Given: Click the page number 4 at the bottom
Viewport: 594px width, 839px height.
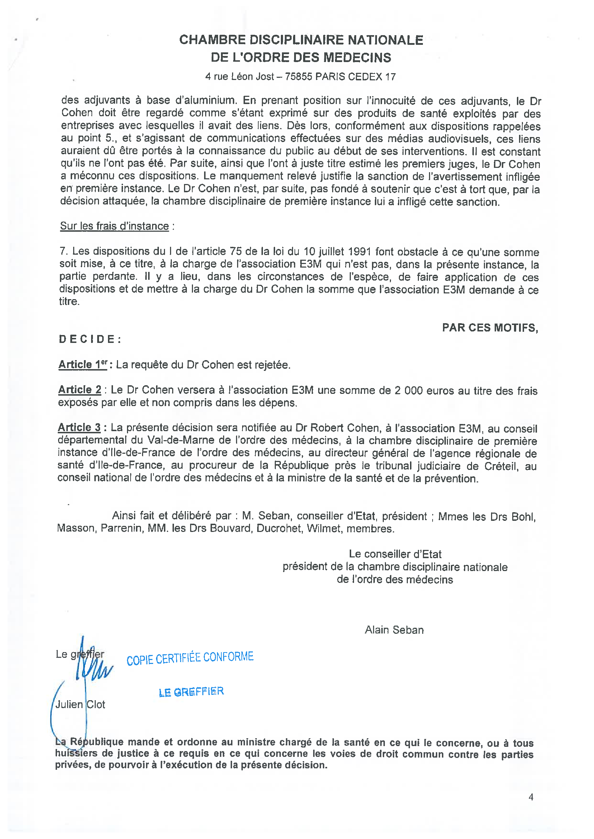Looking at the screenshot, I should (x=531, y=797).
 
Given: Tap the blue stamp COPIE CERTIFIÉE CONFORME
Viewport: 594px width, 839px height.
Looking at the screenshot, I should (x=190, y=658).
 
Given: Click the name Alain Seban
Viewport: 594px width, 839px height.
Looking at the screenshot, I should (x=394, y=630).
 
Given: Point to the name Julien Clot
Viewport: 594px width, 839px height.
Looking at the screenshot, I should (x=80, y=704).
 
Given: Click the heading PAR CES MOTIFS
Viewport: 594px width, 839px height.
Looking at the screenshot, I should (x=490, y=328).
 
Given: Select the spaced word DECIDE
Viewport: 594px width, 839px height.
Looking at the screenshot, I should (x=90, y=339).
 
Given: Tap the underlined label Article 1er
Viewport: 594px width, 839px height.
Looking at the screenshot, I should (x=82, y=365).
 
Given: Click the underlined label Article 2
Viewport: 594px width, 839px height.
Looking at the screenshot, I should (x=80, y=390).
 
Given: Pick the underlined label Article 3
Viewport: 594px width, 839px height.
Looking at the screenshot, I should (x=79, y=428).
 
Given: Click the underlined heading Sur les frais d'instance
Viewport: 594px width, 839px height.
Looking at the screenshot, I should (x=114, y=226).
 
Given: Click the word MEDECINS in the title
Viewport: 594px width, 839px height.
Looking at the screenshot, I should (x=357, y=57).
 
